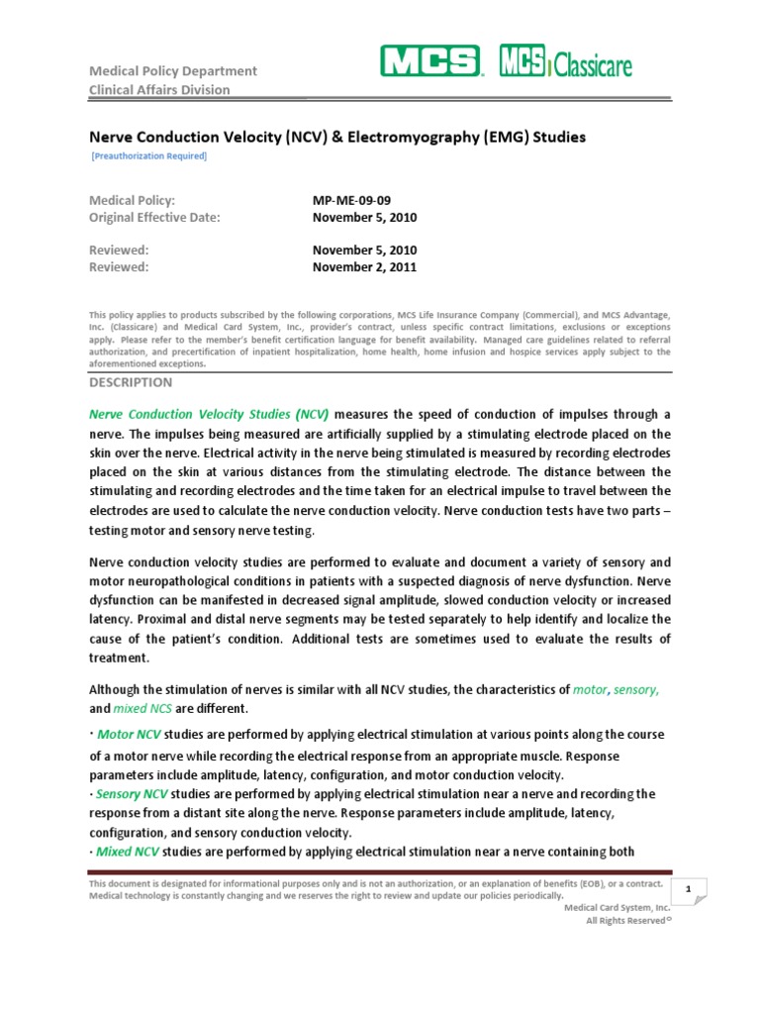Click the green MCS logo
coord(428,63)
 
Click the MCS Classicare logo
coord(566,63)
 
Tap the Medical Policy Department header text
coord(173,70)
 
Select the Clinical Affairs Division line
coord(160,90)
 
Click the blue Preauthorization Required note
coord(148,156)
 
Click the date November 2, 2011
coord(364,267)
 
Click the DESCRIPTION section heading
coord(131,382)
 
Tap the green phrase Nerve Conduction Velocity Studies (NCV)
coord(210,414)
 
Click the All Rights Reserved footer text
coord(628,920)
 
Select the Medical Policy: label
coord(133,200)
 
